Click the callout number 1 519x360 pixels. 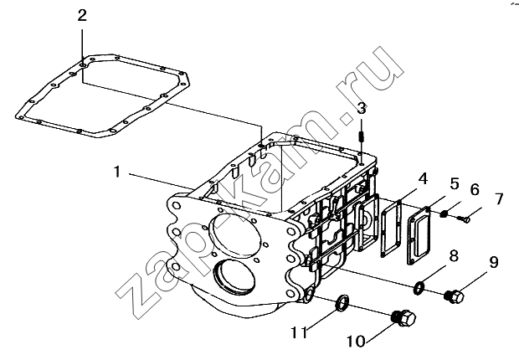(x=116, y=172)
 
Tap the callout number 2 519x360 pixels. (x=82, y=15)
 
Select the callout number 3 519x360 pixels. (x=362, y=108)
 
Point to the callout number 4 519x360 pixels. (x=423, y=179)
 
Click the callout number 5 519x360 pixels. (x=455, y=184)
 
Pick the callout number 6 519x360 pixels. (x=475, y=190)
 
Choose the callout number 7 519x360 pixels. (x=499, y=199)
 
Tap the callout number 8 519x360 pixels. (x=454, y=255)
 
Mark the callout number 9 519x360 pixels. (x=493, y=263)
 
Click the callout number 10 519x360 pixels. (x=356, y=341)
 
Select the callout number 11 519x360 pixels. (x=300, y=332)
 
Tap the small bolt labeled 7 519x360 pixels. (x=464, y=219)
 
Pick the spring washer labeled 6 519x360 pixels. (x=444, y=214)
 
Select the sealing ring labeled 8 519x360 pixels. (x=419, y=288)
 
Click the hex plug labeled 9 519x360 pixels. (x=454, y=296)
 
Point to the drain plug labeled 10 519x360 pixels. (x=403, y=318)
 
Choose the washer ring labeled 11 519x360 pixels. (x=342, y=303)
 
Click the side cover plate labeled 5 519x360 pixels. (x=419, y=236)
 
